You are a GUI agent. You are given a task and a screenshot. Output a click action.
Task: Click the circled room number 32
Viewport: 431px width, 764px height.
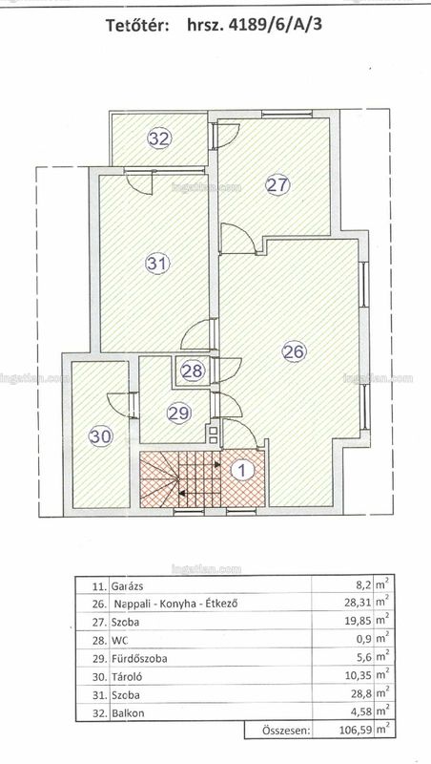point(159,139)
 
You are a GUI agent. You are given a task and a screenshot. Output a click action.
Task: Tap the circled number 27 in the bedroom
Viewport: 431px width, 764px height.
point(277,184)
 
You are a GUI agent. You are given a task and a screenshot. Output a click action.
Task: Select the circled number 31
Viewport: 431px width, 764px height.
point(157,264)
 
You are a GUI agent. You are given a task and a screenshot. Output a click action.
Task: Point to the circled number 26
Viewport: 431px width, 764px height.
point(295,351)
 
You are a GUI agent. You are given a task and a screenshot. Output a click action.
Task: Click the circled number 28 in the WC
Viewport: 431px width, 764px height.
point(192,371)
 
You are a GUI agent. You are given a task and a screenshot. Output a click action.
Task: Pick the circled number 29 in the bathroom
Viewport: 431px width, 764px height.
point(179,414)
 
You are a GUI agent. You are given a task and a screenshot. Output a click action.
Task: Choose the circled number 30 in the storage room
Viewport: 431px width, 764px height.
point(101,436)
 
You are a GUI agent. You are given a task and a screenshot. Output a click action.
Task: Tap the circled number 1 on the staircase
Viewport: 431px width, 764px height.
point(243,470)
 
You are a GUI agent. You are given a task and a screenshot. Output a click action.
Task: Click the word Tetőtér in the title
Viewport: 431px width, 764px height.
point(137,26)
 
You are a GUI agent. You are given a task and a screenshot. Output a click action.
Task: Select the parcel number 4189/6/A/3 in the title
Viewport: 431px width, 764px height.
point(255,25)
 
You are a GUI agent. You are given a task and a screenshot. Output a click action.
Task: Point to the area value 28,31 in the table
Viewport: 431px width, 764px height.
point(357,604)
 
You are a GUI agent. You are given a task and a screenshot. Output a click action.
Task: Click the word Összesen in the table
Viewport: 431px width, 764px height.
point(286,732)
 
